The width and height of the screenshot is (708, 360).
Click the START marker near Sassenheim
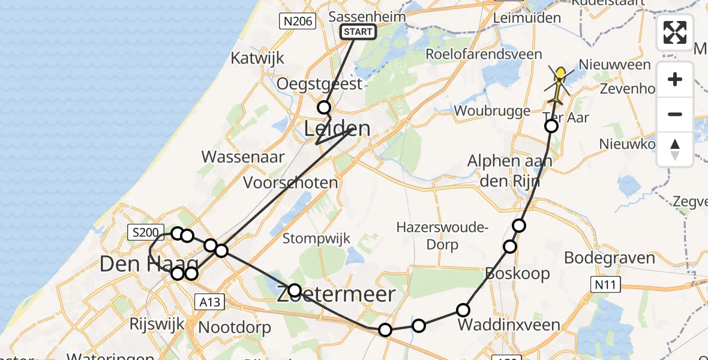[358, 32]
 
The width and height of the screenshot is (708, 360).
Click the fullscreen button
[675, 32]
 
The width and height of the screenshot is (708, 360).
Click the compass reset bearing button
[675, 149]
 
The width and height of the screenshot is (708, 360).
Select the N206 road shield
[298, 22]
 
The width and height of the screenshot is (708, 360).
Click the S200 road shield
[145, 232]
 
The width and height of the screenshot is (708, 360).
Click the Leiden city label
[337, 128]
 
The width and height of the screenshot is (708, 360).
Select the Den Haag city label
[149, 263]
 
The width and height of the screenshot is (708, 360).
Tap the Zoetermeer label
[336, 294]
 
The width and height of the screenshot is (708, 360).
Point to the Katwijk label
[258, 58]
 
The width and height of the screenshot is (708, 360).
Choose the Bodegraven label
[609, 258]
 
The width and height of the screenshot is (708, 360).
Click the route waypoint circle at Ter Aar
[551, 126]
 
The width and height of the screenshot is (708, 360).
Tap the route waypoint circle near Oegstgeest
[324, 107]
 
